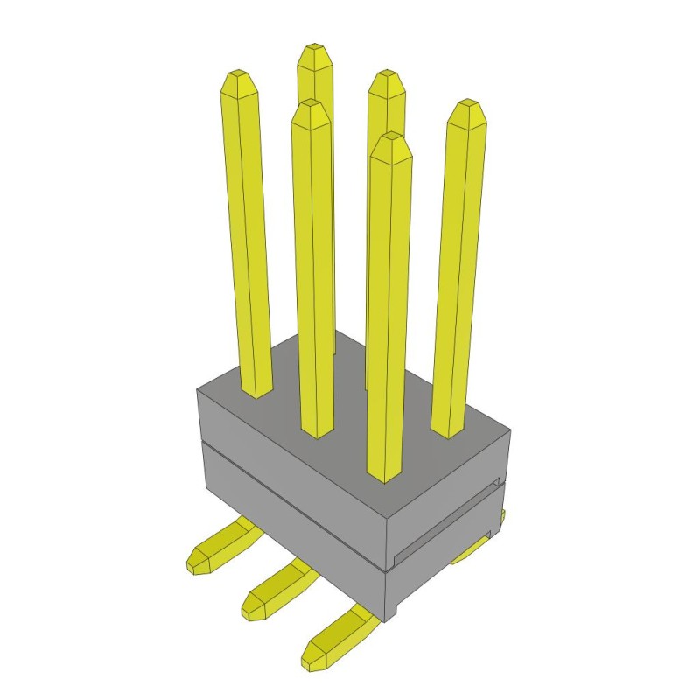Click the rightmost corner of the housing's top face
pos(510,431)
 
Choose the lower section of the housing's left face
pos(289,534)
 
